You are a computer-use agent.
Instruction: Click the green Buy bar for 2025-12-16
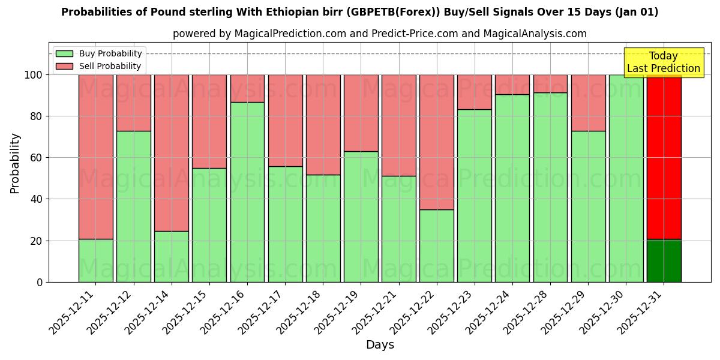click(247, 192)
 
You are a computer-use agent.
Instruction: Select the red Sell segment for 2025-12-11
click(96, 157)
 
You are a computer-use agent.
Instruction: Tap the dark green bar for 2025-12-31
click(664, 261)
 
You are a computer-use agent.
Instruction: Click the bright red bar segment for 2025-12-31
click(664, 157)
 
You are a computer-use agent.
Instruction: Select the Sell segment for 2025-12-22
click(437, 142)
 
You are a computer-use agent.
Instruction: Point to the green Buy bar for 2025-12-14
click(172, 256)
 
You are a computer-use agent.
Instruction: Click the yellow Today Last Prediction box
click(664, 62)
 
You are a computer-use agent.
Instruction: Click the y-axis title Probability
click(15, 163)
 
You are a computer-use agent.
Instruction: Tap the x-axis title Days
click(380, 345)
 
